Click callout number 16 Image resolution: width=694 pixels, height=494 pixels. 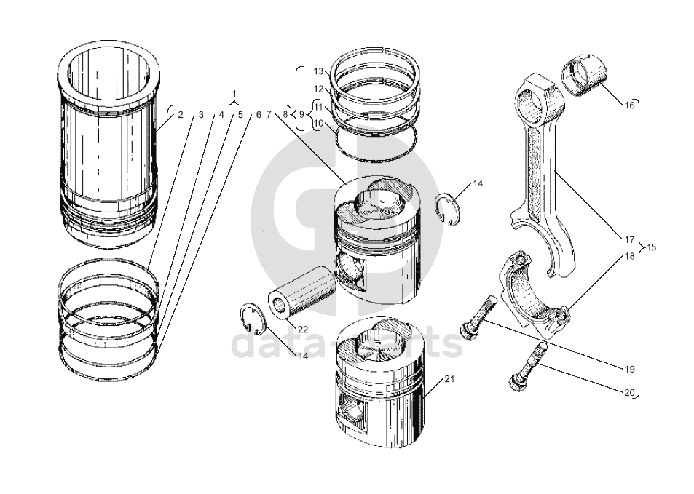click(630, 105)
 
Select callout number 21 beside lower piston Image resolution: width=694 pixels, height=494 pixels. click(449, 379)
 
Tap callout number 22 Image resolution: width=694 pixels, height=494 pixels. click(303, 330)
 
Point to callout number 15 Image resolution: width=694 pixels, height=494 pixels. click(651, 247)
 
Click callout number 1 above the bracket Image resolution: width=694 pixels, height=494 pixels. click(234, 95)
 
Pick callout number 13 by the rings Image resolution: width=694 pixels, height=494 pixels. click(318, 71)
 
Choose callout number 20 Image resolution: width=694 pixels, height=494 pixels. click(630, 393)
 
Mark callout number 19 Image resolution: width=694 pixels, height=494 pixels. click(630, 368)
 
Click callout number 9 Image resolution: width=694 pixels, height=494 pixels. click(301, 115)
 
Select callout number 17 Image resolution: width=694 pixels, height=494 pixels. click(630, 239)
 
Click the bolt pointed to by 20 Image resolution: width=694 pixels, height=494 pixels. click(526, 367)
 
